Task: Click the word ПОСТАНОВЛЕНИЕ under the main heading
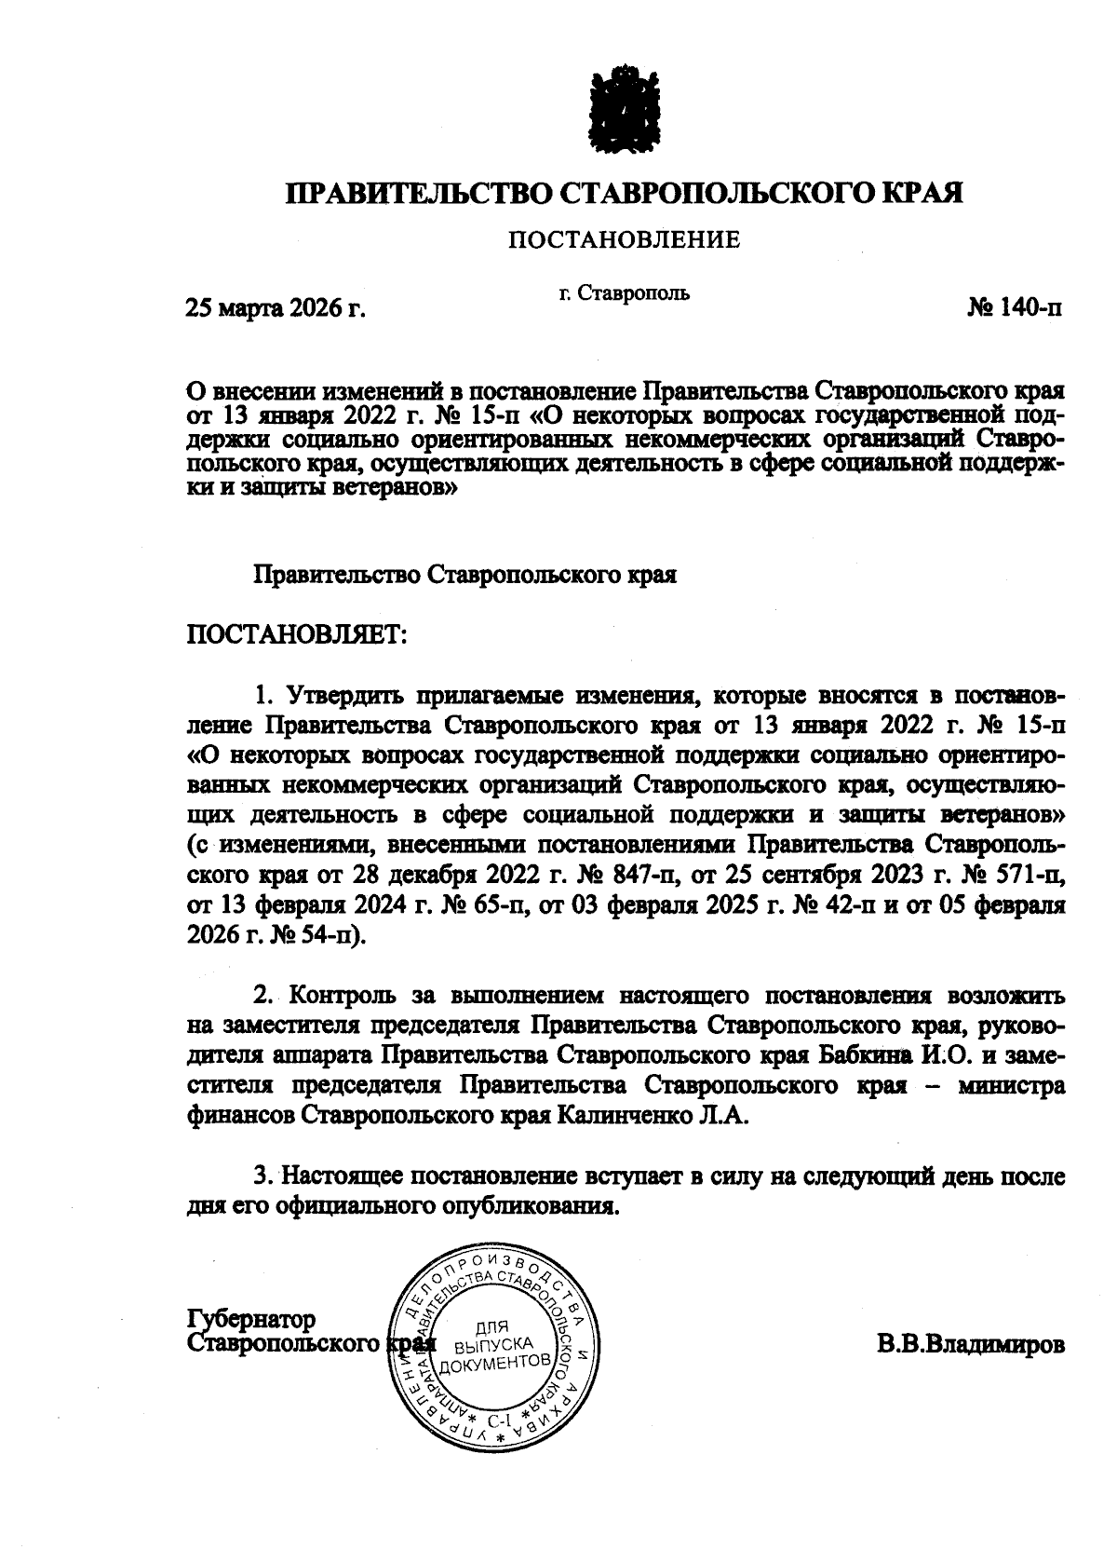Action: [x=623, y=240]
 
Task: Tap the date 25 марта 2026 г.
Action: [x=276, y=308]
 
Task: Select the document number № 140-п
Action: [x=1014, y=308]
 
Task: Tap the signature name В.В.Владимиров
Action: [x=969, y=1345]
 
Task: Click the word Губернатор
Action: [x=251, y=1320]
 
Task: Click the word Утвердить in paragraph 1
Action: [x=341, y=696]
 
